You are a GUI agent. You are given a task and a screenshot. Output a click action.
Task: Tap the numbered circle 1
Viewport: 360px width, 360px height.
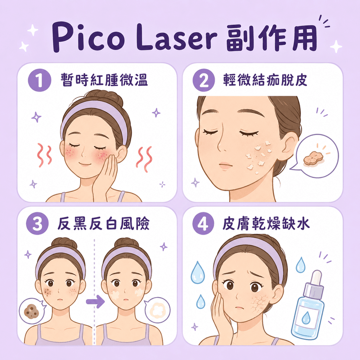click(x=39, y=80)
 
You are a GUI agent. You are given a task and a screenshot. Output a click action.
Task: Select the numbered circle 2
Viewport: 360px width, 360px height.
click(x=204, y=80)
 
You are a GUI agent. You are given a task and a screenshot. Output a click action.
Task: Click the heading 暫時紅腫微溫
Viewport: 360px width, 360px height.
click(x=104, y=80)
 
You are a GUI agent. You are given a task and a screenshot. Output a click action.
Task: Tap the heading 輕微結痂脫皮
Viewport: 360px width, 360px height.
click(x=265, y=80)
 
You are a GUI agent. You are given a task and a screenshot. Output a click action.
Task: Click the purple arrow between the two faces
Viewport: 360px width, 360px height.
click(x=95, y=301)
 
